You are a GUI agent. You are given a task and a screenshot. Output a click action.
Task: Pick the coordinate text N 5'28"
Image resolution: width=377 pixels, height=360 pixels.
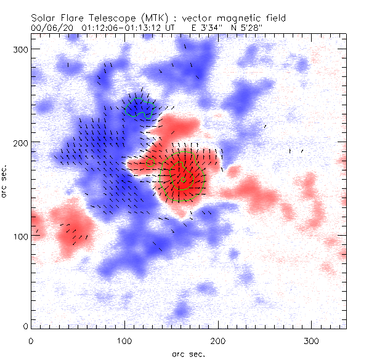click(x=244, y=28)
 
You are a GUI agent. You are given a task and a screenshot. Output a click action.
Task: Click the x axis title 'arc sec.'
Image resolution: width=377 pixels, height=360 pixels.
click(x=188, y=354)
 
